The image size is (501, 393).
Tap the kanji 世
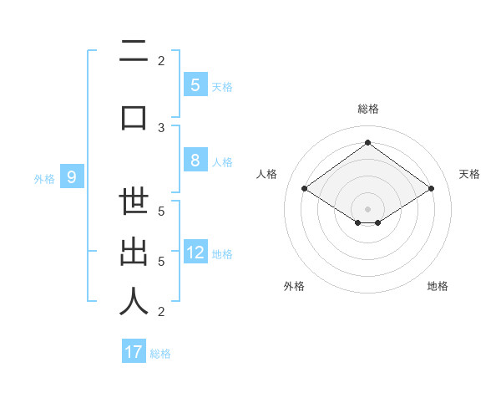134,204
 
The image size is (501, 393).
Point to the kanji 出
134,252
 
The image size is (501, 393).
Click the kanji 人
134,300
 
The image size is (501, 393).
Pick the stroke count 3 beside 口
161,127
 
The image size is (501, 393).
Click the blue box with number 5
195,84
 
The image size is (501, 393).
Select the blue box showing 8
195,161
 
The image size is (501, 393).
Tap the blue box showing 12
195,253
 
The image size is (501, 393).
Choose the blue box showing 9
72,176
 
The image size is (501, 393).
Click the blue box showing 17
134,352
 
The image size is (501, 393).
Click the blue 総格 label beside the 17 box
160,354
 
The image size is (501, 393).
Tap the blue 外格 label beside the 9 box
43,178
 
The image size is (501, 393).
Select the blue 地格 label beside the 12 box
222,254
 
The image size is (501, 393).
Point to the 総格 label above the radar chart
367,109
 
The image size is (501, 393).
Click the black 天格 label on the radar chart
469,174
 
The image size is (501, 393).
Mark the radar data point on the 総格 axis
367,143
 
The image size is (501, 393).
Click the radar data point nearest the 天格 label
431,189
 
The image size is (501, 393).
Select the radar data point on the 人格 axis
304,189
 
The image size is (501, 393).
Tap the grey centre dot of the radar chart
367,208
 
